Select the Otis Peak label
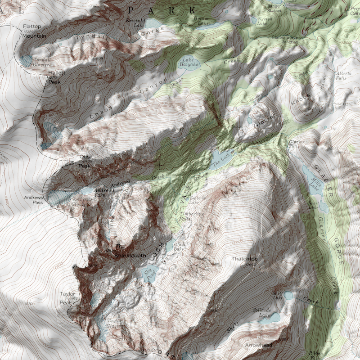(85, 161)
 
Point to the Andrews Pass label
(34, 200)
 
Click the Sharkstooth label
(130, 256)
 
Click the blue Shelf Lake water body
(288, 296)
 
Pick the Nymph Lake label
(261, 21)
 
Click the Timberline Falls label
(189, 216)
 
